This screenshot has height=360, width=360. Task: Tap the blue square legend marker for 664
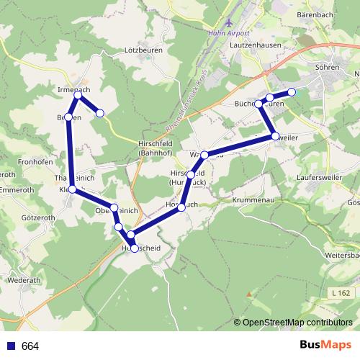pos(10,346)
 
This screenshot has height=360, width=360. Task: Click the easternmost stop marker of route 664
pos(292,91)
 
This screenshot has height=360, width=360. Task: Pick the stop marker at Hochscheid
pos(135,248)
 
